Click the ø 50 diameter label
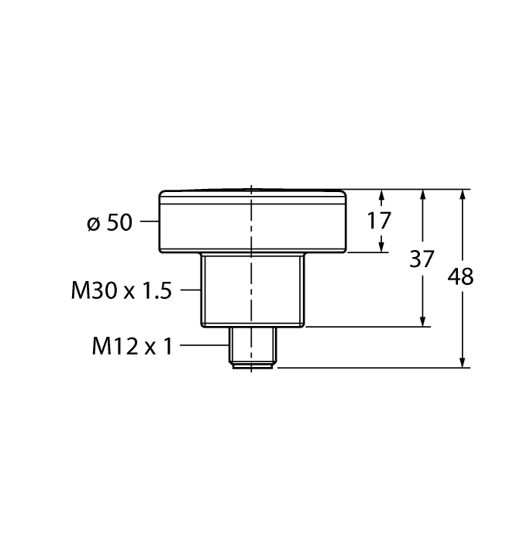tap(110, 223)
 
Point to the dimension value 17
tap(379, 221)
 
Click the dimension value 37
tap(422, 259)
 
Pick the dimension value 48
tap(462, 276)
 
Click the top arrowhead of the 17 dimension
tap(382, 195)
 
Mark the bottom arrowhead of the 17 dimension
tap(382, 247)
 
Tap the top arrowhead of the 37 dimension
tap(422, 195)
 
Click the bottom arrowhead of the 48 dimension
tap(463, 362)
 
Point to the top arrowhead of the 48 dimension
tap(463, 195)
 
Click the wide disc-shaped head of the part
tap(253, 221)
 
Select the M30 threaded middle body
tap(253, 290)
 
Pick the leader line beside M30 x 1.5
tap(191, 290)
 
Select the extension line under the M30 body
tap(364, 327)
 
